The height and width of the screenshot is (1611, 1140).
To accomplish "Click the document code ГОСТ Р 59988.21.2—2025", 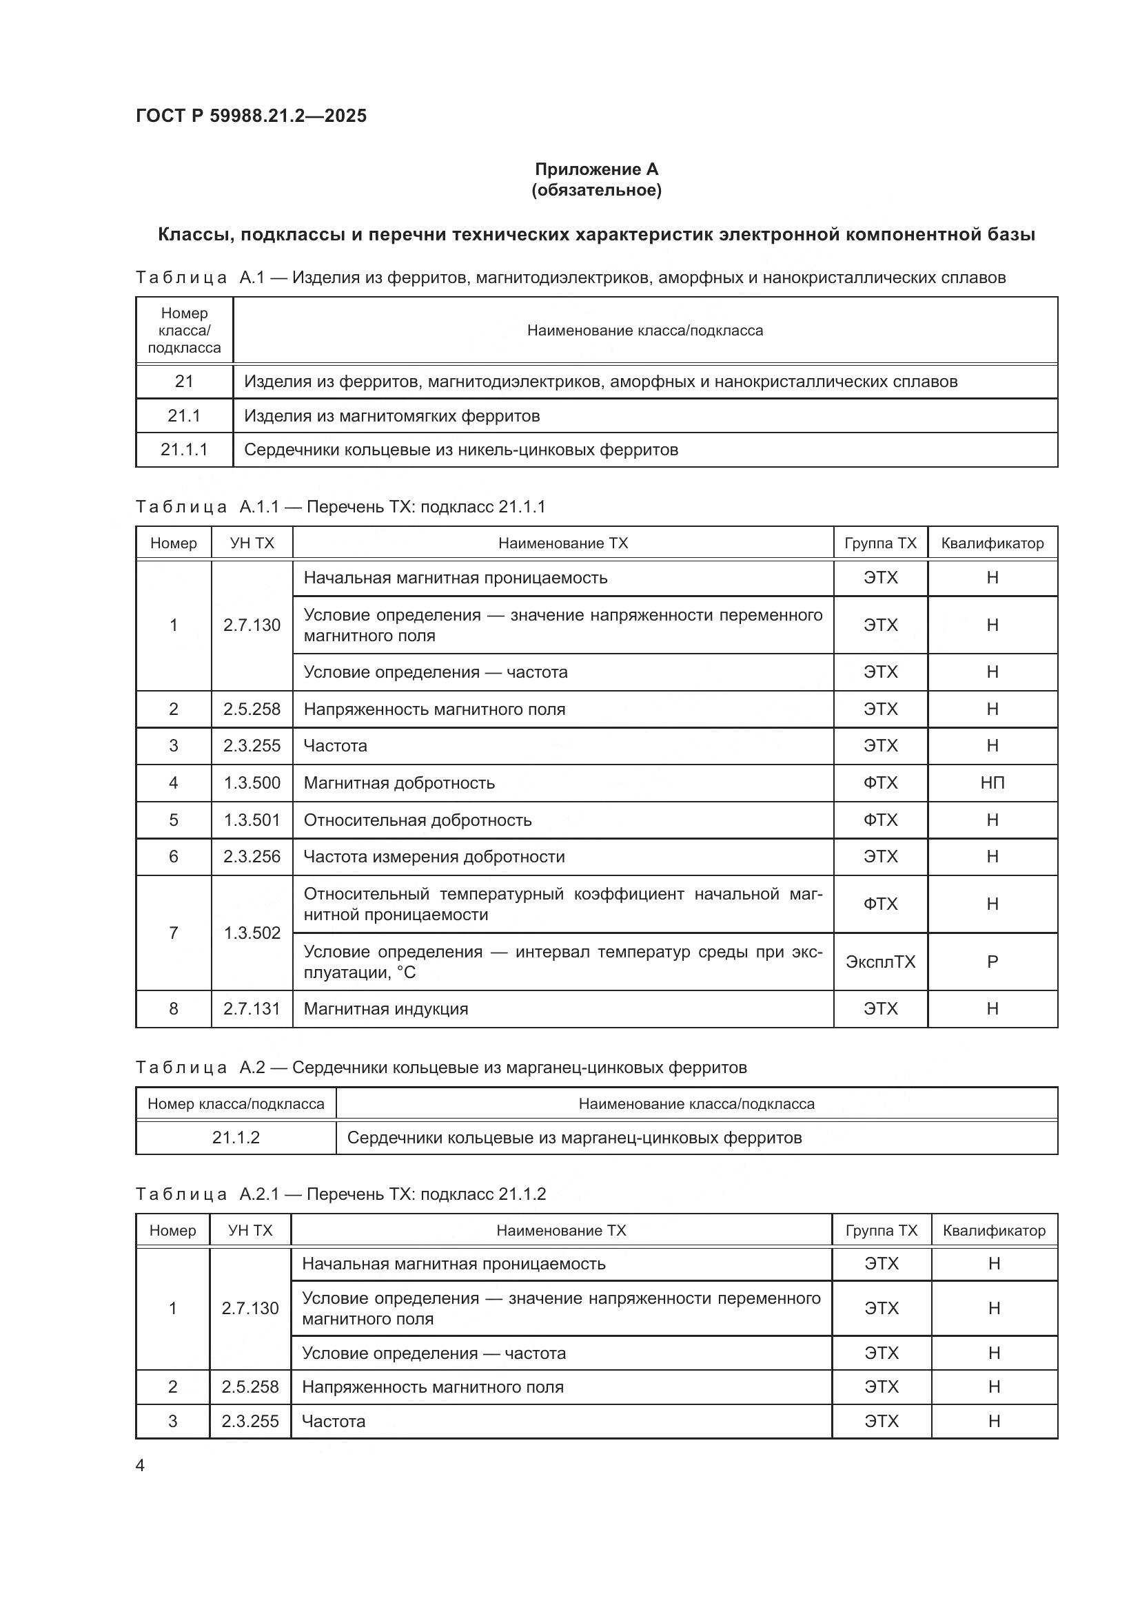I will [x=251, y=116].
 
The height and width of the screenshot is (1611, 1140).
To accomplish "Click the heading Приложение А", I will [x=596, y=169].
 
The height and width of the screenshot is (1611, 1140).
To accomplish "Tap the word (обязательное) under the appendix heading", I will [x=596, y=190].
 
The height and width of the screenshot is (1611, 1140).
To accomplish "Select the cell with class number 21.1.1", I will [x=184, y=450].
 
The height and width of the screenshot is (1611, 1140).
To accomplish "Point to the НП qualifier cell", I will [x=992, y=783].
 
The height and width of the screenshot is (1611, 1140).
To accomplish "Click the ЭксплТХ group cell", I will [x=880, y=962].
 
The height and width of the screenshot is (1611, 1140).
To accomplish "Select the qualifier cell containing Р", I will [x=992, y=962].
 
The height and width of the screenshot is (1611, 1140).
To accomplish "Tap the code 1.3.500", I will [x=252, y=783].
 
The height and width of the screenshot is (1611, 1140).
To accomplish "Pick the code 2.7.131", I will [x=252, y=1009].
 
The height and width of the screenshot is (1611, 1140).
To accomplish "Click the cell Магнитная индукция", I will [x=385, y=1009].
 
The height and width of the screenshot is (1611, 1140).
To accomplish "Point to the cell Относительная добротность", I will [x=417, y=820].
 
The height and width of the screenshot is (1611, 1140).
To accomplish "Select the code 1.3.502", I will [x=252, y=933].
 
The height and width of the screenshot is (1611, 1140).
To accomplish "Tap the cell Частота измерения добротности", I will [x=434, y=857].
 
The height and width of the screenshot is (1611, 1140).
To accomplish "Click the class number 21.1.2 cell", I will [x=236, y=1137].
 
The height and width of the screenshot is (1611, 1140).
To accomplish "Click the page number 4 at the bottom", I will [x=140, y=1465].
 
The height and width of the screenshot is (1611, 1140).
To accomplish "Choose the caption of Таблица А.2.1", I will [x=340, y=1194].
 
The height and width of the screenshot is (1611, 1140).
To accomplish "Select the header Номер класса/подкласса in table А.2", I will [x=236, y=1103].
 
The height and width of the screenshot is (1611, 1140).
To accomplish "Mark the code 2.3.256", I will [x=252, y=857].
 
